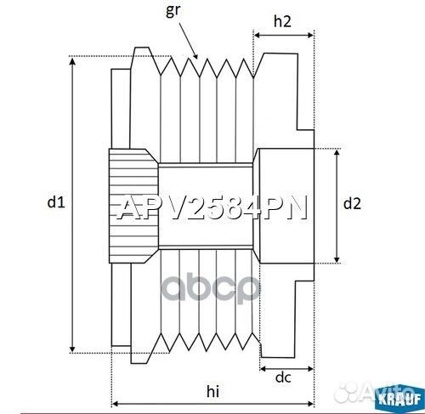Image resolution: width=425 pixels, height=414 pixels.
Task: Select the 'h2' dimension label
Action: [283, 22]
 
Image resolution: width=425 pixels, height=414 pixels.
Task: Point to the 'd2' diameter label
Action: [352, 203]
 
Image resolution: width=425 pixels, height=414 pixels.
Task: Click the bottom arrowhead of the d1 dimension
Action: [73, 350]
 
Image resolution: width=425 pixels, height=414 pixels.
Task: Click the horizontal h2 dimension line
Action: [284, 36]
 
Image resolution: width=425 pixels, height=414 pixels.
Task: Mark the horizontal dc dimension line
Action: [286, 368]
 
